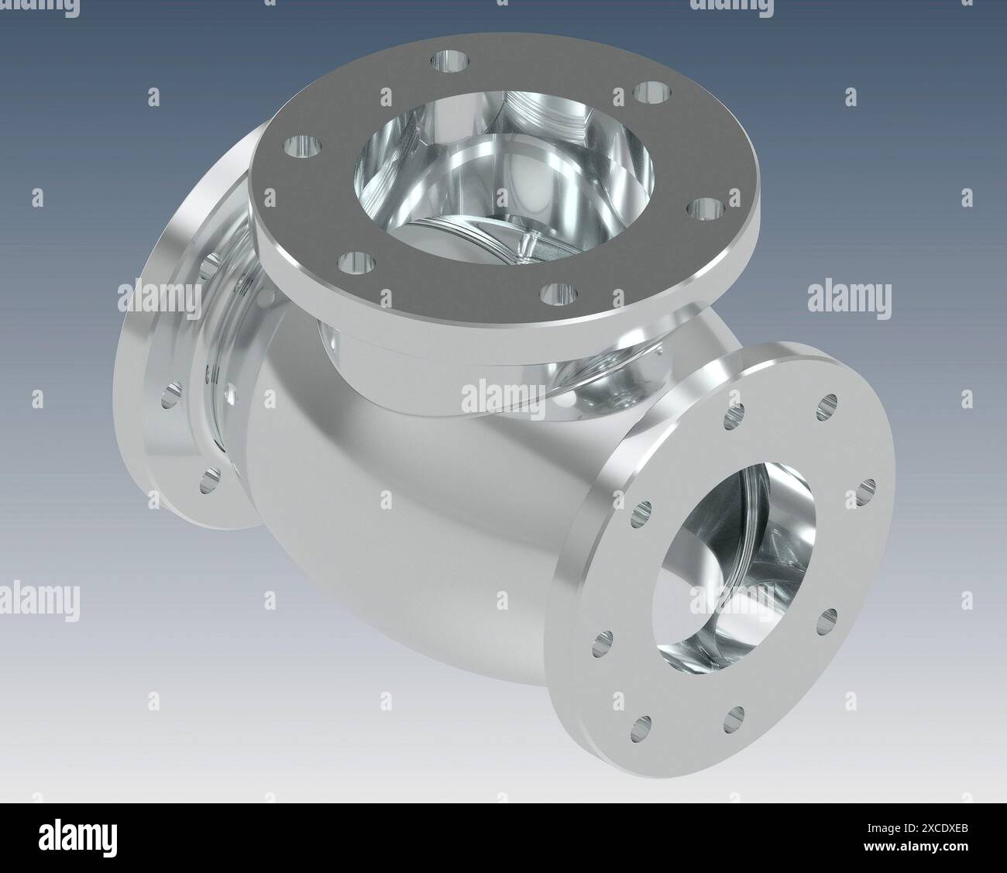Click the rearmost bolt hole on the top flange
point(449,60)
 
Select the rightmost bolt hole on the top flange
point(704,209)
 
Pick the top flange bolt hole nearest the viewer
point(560,294)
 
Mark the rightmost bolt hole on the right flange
point(868,490)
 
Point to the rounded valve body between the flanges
point(403,527)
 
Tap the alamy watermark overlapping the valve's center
point(503,397)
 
